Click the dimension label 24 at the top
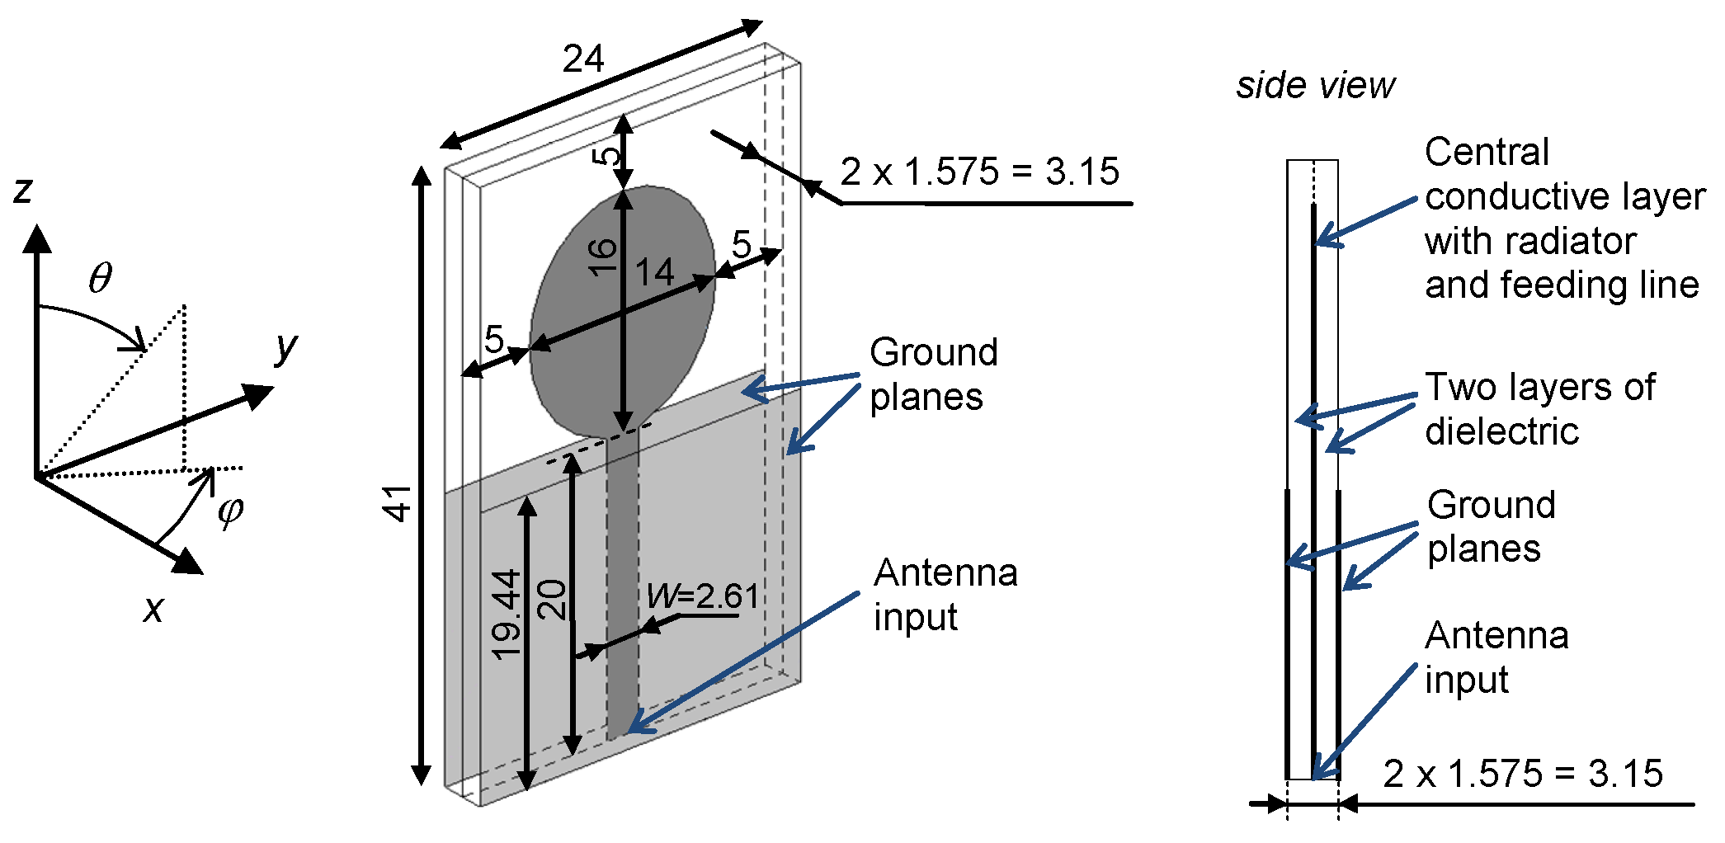[x=583, y=59]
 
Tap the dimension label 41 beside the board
[x=398, y=503]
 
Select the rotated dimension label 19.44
[x=506, y=615]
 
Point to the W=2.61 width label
[x=702, y=596]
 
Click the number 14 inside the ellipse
[x=654, y=272]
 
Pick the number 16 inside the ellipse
[x=603, y=257]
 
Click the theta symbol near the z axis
[x=101, y=279]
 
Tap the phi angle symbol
[x=230, y=511]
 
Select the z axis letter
[x=22, y=190]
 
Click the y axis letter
[x=285, y=346]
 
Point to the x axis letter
[x=153, y=610]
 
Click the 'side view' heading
[x=1315, y=86]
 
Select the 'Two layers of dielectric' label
[x=1539, y=409]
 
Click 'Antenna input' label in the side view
[x=1496, y=657]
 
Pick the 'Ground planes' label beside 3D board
[x=933, y=374]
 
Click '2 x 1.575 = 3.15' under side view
[x=1522, y=774]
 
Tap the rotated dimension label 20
[x=553, y=600]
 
